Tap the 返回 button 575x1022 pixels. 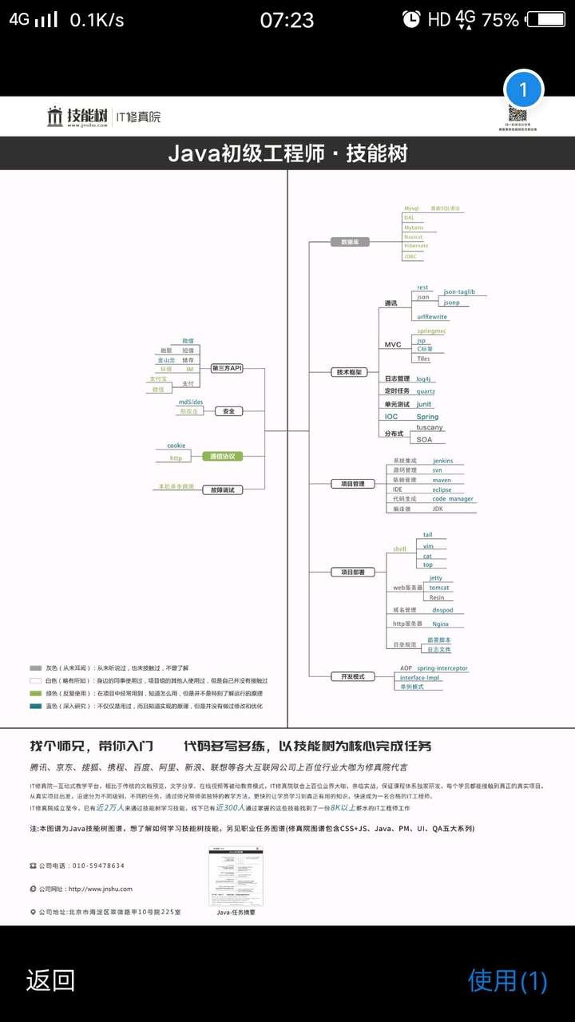click(x=50, y=980)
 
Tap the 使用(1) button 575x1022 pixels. click(x=507, y=980)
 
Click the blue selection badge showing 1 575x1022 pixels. click(x=524, y=89)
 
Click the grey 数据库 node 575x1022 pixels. click(x=350, y=242)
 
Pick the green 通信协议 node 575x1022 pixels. click(x=222, y=456)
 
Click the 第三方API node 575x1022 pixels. click(x=227, y=368)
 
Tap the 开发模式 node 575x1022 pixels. click(x=352, y=676)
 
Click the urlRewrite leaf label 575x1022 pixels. click(x=432, y=317)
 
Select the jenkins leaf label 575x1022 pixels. click(x=442, y=461)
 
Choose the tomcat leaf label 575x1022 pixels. click(x=439, y=588)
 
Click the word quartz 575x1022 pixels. click(x=426, y=391)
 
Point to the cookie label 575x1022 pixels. click(x=176, y=446)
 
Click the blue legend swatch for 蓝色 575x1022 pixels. click(x=35, y=706)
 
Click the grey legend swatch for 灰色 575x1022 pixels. click(x=35, y=667)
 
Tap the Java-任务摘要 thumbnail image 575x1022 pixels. click(x=236, y=876)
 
